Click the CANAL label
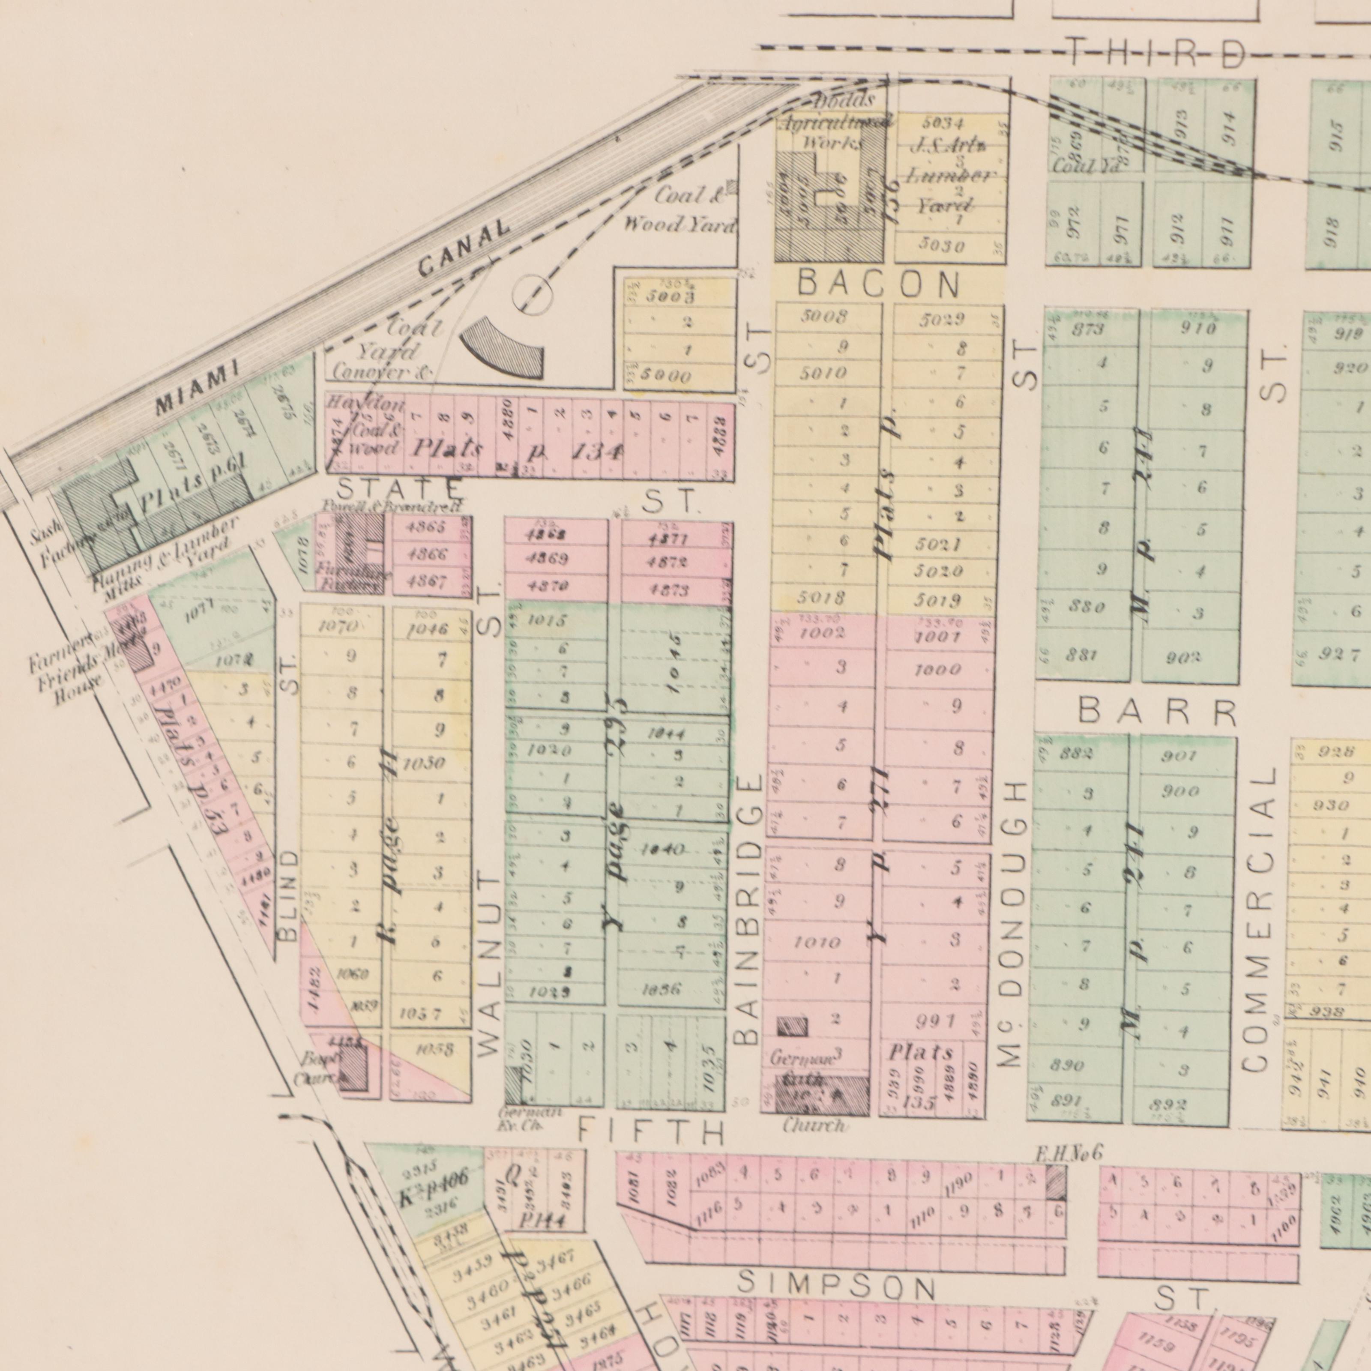465,248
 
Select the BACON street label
879,285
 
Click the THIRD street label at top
1157,54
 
